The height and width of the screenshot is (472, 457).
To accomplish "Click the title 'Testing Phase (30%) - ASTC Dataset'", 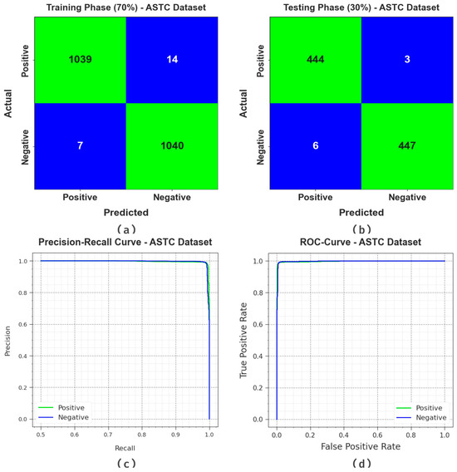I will (361, 7).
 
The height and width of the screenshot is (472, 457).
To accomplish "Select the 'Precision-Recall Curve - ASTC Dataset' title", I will (125, 242).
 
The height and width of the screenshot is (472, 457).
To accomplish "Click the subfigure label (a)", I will (125, 227).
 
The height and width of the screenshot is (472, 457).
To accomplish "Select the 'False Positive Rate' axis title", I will (360, 448).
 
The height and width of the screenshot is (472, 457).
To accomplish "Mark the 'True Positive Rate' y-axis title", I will (245, 341).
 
